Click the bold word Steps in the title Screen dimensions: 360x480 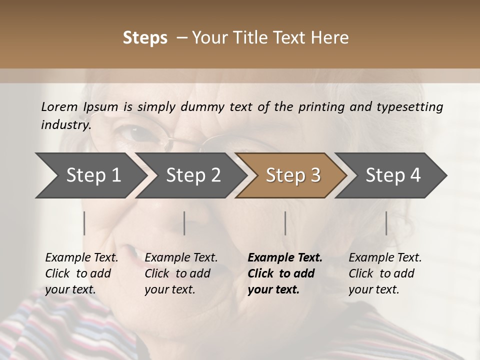(145, 38)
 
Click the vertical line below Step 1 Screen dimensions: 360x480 (84, 223)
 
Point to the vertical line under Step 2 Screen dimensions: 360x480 (184, 223)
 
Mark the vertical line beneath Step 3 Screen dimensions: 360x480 (285, 223)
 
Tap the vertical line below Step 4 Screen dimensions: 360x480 (386, 223)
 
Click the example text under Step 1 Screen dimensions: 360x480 (81, 273)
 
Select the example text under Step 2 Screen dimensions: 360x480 (181, 273)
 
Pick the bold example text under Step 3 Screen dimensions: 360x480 (285, 273)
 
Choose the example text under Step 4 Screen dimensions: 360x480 (385, 273)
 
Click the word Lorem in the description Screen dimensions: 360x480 (59, 106)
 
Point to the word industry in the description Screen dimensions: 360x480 (66, 125)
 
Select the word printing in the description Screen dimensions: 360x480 (328, 107)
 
